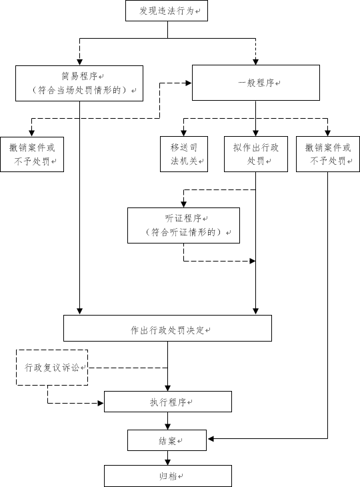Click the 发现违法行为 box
167,11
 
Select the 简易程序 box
79,83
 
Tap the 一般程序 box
256,83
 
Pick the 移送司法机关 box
184,154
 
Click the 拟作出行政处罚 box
256,154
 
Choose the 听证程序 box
184,225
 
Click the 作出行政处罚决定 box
167,328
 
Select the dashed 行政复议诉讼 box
52,368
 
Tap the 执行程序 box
168,402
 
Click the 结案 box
167,440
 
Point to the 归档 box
168,476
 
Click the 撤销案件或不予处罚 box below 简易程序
32,154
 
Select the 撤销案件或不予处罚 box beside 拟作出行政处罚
328,154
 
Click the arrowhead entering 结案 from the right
211,438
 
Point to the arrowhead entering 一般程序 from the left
189,83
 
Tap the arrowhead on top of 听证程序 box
184,204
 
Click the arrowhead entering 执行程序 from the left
101,403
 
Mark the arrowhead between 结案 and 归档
167,462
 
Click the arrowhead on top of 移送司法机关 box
184,133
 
